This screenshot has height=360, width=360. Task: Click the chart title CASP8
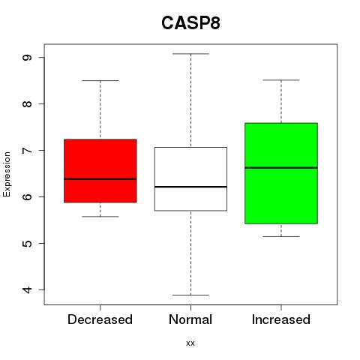[x=190, y=23]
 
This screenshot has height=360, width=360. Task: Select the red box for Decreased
[x=100, y=171]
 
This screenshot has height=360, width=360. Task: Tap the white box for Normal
[x=190, y=179]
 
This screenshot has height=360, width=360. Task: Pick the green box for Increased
[x=281, y=173]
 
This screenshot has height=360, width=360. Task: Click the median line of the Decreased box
[x=100, y=179]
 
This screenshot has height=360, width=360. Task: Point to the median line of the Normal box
[x=190, y=187]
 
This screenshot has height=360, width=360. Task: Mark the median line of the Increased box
[x=281, y=168]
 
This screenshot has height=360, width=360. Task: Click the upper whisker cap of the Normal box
[x=190, y=54]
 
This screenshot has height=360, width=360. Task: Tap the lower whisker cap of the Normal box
[x=190, y=295]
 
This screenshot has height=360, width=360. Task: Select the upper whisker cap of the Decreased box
[x=100, y=80]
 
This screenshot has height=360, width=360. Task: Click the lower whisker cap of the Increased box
[x=281, y=236]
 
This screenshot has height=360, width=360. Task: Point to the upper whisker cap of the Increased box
[x=281, y=80]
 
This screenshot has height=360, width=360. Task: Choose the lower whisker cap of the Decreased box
[x=100, y=216]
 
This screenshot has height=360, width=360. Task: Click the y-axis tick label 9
[x=27, y=58]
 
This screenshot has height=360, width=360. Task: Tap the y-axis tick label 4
[x=27, y=289]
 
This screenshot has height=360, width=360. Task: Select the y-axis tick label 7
[x=27, y=150]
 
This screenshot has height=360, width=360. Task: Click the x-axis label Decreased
[x=100, y=319]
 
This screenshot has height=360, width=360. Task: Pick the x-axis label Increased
[x=281, y=319]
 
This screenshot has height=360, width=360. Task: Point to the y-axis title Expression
[x=7, y=174]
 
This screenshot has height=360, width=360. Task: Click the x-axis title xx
[x=190, y=343]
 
